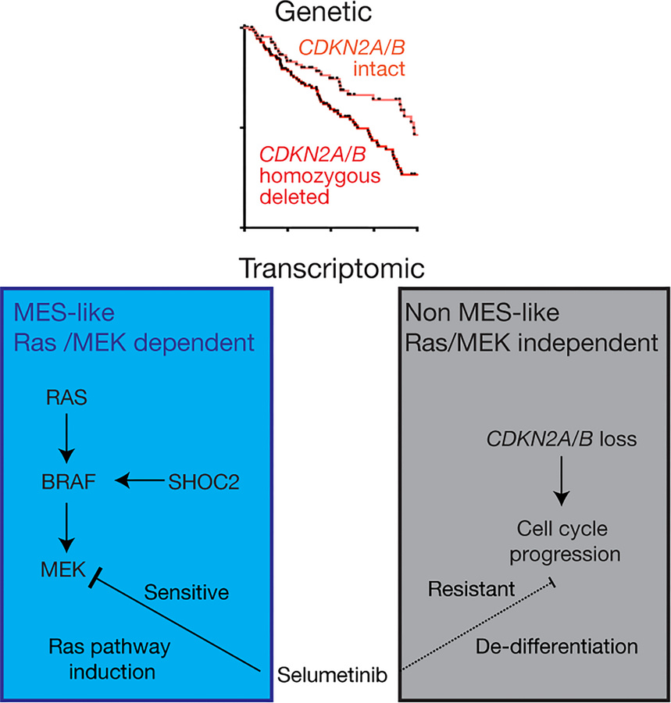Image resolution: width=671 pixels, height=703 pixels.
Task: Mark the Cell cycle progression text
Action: tap(562, 542)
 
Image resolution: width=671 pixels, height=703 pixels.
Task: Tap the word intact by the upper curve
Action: tap(378, 69)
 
